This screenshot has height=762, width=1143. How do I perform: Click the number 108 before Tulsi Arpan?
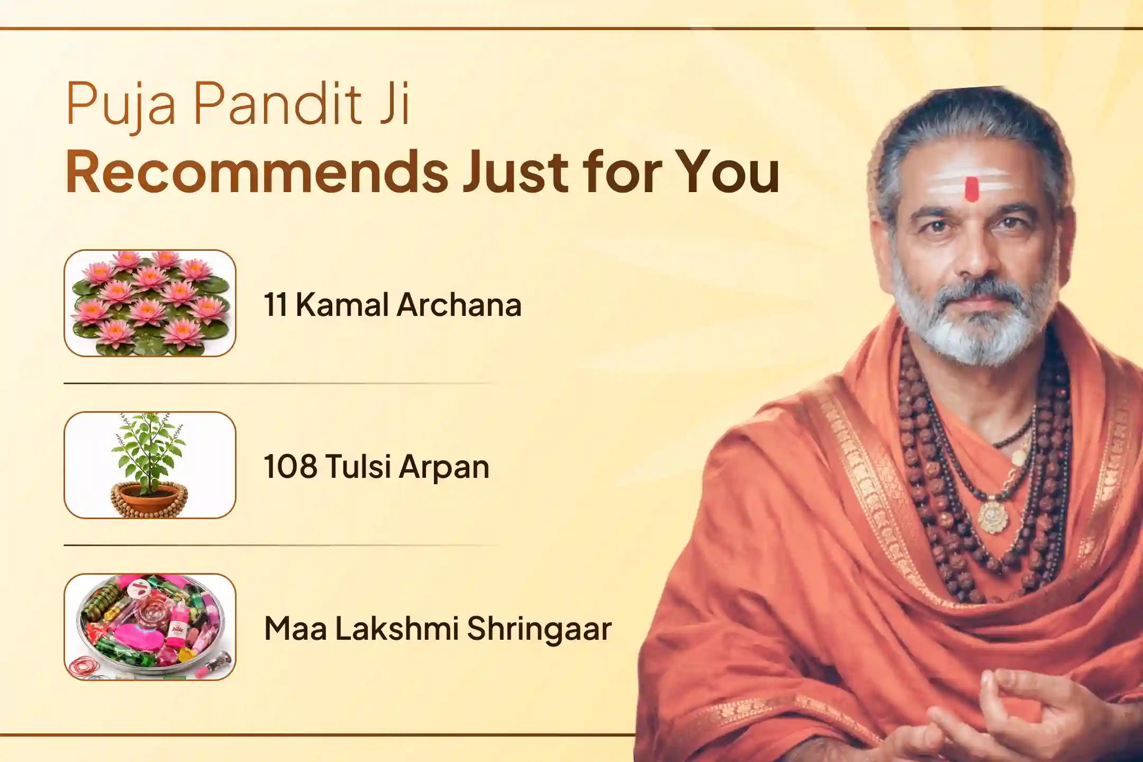(291, 466)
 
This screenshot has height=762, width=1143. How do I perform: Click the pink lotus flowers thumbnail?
(150, 303)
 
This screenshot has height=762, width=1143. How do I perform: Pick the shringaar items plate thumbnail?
(150, 627)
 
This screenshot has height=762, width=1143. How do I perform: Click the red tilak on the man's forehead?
(970, 189)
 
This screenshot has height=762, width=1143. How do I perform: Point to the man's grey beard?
(971, 317)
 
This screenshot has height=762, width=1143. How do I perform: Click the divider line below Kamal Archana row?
(280, 383)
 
